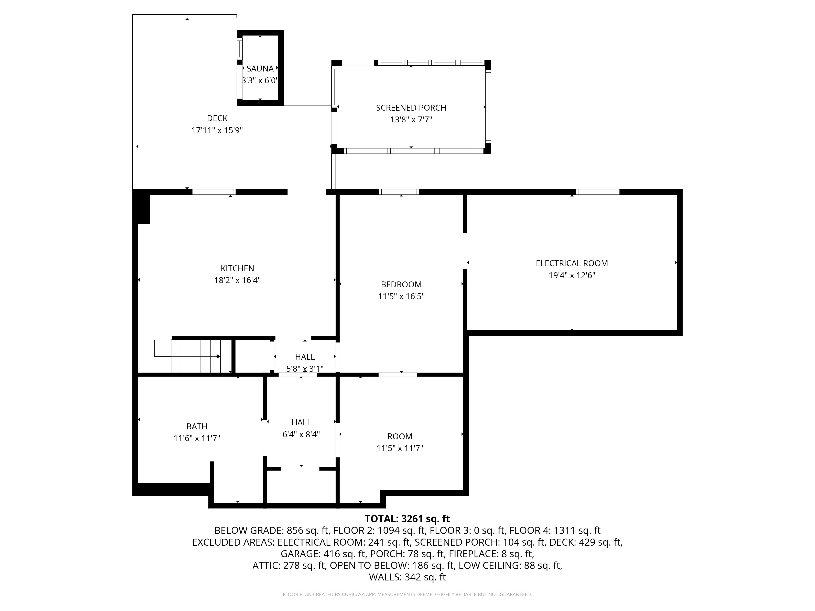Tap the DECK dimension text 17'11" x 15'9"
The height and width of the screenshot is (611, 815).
coord(217,130)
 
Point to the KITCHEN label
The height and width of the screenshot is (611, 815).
coord(237,268)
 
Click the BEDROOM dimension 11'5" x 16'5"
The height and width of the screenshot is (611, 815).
coord(401,297)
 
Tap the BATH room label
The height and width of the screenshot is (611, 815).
coord(197,426)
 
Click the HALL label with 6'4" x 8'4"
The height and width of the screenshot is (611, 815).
coord(301,422)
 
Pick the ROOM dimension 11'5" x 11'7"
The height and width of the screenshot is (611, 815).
coord(400,448)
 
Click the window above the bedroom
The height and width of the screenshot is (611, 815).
coord(399,192)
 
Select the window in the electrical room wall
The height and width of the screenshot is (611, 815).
coord(598,192)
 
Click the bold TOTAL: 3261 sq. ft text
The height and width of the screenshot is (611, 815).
coord(407,519)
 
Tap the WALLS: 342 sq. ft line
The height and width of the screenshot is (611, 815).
coord(407,577)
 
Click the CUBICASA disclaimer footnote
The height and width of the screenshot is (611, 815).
coord(407,595)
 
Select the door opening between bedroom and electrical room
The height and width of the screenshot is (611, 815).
coord(465,251)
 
